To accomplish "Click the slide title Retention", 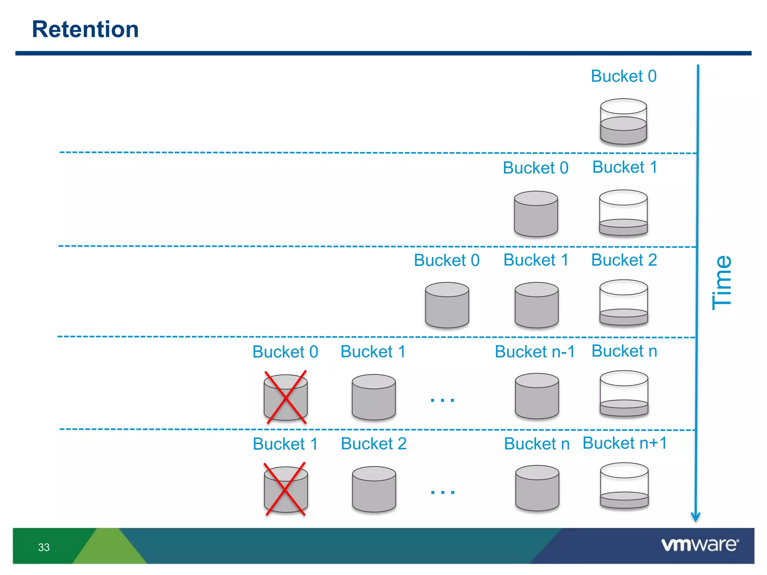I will (x=85, y=29).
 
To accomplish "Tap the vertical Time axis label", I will (x=722, y=283).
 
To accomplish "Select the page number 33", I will (x=44, y=547).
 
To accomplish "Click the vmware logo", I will (x=700, y=545).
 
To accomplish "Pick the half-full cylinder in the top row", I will (x=624, y=122).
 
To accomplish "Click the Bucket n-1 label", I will (x=535, y=352).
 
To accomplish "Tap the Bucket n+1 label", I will (x=625, y=443).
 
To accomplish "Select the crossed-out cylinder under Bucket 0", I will (x=286, y=397).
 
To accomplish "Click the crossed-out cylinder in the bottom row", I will (x=286, y=489).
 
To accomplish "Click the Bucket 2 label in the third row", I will (x=624, y=260).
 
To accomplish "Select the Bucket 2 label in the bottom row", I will (x=373, y=444).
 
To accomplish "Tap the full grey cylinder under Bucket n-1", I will (x=537, y=396).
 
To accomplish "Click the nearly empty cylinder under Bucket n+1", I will (x=624, y=486).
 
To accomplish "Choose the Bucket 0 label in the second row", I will (x=536, y=168).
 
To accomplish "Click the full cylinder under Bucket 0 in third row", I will (x=447, y=305).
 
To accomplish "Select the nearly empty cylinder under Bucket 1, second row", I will (x=624, y=213).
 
